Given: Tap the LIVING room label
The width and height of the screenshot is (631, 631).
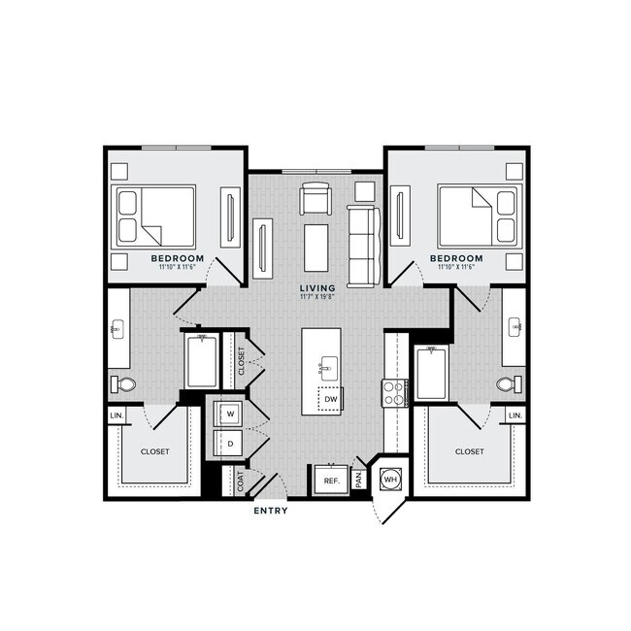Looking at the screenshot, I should point(317,288).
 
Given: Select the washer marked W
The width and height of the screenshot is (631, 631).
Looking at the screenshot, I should point(230,414).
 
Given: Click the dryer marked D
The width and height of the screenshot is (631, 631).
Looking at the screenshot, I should point(230,445).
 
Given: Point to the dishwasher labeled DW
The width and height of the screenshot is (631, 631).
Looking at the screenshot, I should point(330,399).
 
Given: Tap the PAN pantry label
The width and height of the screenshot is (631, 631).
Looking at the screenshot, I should point(358,479).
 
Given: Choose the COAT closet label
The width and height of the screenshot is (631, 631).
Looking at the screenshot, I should point(240,481).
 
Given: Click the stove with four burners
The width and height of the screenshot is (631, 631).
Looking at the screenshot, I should point(394,393).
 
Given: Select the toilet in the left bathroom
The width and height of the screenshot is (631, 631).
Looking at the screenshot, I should point(123,384).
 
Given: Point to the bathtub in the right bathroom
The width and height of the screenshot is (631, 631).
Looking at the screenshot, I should point(432,369).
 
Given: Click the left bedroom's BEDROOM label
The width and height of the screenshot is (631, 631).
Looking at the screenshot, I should point(177,258).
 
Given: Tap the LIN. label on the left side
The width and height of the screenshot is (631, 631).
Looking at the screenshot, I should point(117,416).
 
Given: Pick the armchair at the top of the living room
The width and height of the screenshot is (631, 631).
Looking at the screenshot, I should point(315,199).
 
